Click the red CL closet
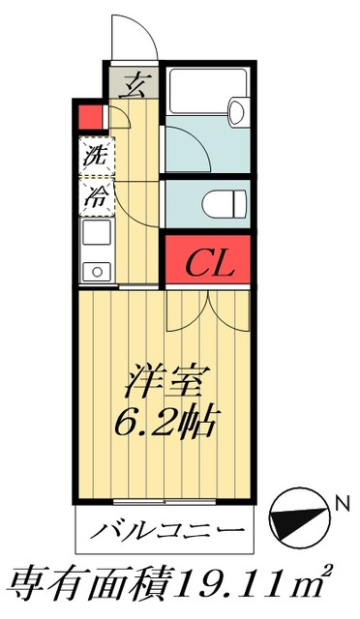point(207,261)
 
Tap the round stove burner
point(95,271)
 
